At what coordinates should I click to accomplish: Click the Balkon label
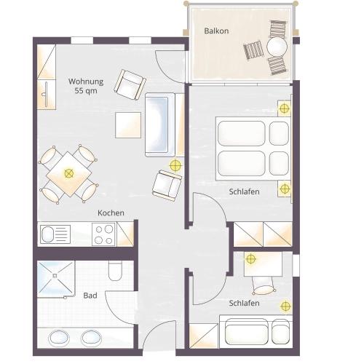pos(216,31)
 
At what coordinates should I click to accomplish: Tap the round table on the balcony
pos(277,47)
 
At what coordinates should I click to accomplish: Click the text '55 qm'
pos(86,91)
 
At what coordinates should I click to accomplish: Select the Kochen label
pos(111,213)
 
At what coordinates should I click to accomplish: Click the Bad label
pos(90,296)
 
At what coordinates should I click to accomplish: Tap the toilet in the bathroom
pos(115,271)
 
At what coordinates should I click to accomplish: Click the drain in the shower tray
pos(55,275)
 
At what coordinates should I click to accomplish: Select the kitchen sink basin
pos(47,234)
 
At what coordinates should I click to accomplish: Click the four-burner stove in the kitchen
pos(103,234)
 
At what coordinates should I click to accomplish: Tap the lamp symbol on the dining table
pos(68,173)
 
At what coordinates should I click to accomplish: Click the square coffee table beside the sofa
pos(128,125)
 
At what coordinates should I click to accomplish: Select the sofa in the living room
pos(160,124)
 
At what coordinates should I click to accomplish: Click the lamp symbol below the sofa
pos(175,166)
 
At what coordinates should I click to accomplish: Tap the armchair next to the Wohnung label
pos(130,84)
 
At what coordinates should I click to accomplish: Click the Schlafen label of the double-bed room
pos(244,191)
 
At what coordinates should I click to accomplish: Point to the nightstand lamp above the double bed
pos(284,108)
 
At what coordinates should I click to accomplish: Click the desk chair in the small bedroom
pos(264,286)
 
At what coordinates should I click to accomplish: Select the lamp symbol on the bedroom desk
pos(250,259)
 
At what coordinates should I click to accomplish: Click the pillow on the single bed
pos(280,332)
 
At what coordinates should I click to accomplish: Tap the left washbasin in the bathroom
pos(59,338)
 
